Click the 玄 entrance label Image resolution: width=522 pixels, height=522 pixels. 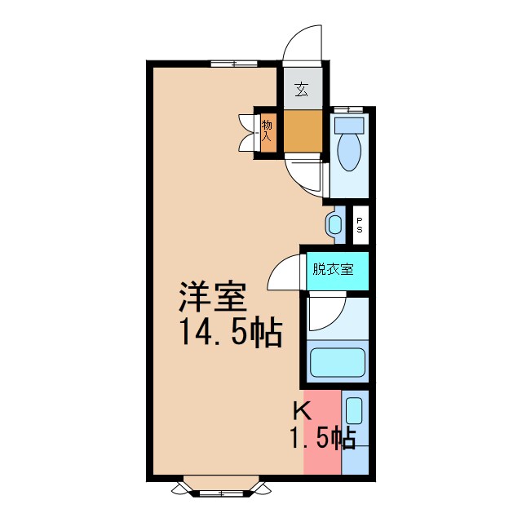point(302,89)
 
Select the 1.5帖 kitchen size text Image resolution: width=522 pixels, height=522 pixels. point(323,439)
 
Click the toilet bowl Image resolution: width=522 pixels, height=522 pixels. point(348,153)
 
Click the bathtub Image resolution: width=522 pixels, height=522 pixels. point(338,361)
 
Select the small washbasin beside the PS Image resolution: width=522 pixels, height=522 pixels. point(334,223)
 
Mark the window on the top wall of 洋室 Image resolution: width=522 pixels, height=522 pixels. point(234,64)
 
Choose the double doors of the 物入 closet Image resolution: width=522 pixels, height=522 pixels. point(246,133)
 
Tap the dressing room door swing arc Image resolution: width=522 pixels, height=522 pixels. point(284,273)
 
